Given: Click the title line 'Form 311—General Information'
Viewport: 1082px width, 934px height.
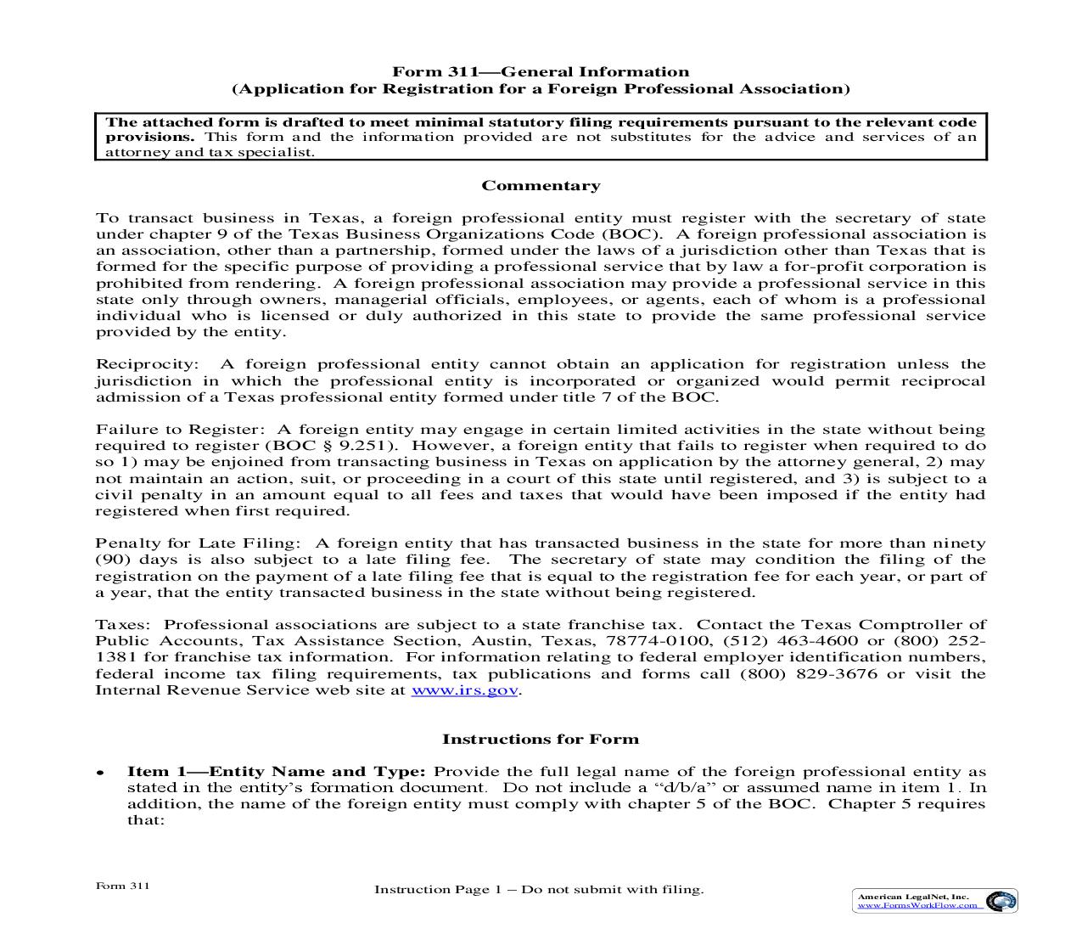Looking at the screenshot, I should point(540,72).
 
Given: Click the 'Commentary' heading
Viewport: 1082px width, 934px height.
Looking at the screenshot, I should point(541,186).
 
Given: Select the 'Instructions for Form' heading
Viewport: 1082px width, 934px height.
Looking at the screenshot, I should point(541,739).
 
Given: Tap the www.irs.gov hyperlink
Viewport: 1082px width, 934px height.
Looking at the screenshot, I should point(464,690).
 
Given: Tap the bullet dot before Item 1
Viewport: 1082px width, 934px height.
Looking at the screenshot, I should point(100,774).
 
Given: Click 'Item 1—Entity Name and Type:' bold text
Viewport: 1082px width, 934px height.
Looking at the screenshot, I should point(276,772).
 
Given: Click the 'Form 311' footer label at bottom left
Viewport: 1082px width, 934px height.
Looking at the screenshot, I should point(123,886).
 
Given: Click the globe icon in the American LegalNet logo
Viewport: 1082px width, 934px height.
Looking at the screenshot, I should point(1004,901).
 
